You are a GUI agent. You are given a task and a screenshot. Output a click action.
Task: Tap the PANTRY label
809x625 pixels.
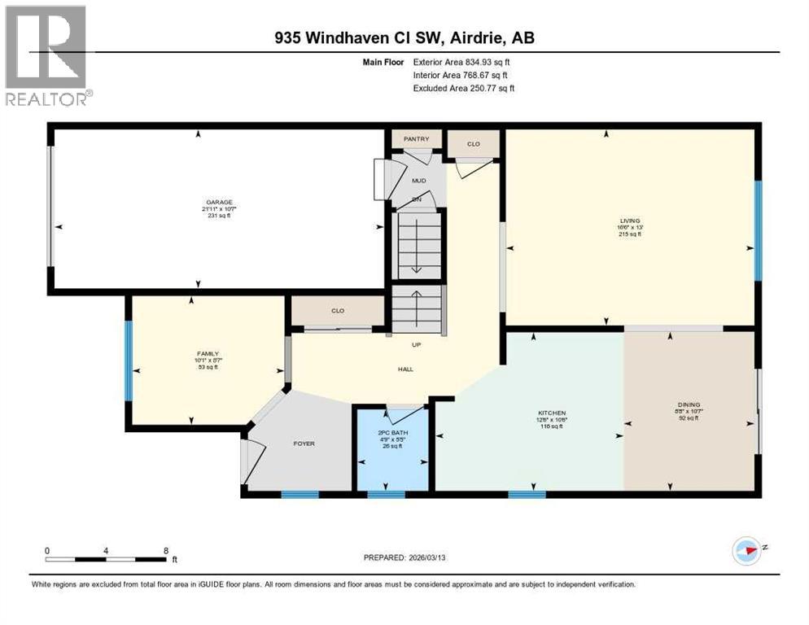pos(416,139)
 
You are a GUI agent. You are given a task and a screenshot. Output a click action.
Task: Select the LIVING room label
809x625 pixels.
pos(629,221)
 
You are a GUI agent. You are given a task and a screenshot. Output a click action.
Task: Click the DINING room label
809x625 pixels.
pos(689,405)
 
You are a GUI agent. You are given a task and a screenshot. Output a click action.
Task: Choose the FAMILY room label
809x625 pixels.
pos(207,354)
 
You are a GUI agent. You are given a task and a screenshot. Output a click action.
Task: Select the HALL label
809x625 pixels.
pos(406,369)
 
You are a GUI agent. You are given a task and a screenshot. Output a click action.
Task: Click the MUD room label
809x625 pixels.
pos(418,181)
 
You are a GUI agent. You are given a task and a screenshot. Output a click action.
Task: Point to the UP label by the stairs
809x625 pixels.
pos(416,345)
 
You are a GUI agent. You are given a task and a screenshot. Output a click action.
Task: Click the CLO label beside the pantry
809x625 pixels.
pos(473,144)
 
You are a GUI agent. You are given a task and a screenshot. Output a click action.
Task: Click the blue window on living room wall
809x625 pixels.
pos(757,230)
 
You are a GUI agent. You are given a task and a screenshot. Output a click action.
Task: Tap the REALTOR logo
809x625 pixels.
pos(46,55)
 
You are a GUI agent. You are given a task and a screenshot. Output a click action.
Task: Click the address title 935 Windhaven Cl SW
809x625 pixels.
pos(404,37)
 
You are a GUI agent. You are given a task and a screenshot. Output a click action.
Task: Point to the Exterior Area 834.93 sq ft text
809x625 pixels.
pos(462,62)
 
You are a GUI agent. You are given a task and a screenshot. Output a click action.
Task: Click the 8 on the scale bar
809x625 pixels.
pos(166,550)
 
